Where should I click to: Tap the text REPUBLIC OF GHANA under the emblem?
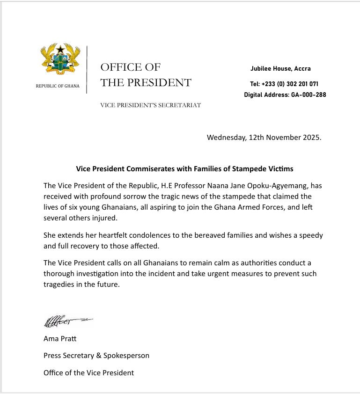(x=58, y=86)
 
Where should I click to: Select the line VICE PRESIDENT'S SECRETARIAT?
(x=150, y=105)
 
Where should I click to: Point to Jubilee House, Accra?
(x=280, y=69)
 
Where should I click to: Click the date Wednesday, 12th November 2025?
(x=264, y=138)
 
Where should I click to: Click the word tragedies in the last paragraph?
(x=59, y=284)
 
